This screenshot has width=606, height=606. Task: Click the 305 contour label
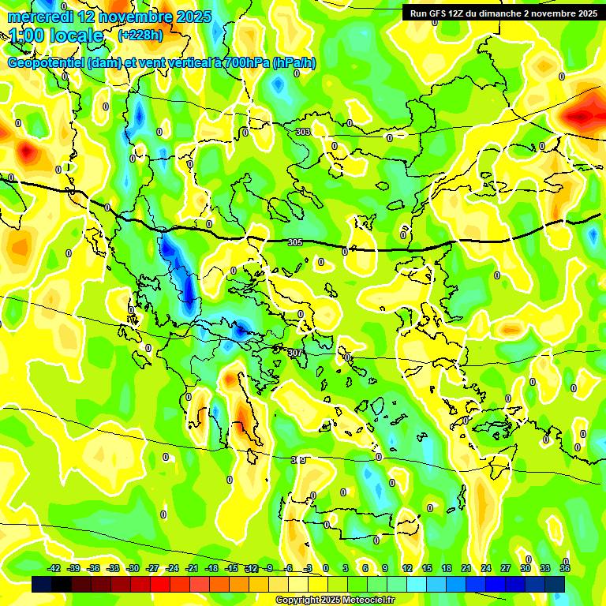(x=295, y=242)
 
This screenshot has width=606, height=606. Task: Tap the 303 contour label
(x=303, y=132)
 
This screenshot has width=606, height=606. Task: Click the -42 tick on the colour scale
(x=54, y=568)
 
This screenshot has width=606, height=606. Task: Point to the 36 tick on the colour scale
(x=565, y=568)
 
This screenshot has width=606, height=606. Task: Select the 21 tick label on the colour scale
(x=466, y=568)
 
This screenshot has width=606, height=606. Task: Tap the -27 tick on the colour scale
(x=152, y=568)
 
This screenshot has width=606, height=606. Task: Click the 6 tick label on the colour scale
(x=365, y=568)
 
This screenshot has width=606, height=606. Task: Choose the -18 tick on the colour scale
(x=211, y=568)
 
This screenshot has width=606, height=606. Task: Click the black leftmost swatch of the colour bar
(x=42, y=584)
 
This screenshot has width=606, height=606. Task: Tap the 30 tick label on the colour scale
(x=526, y=568)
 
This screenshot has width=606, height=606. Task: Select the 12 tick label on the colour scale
(x=407, y=568)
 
